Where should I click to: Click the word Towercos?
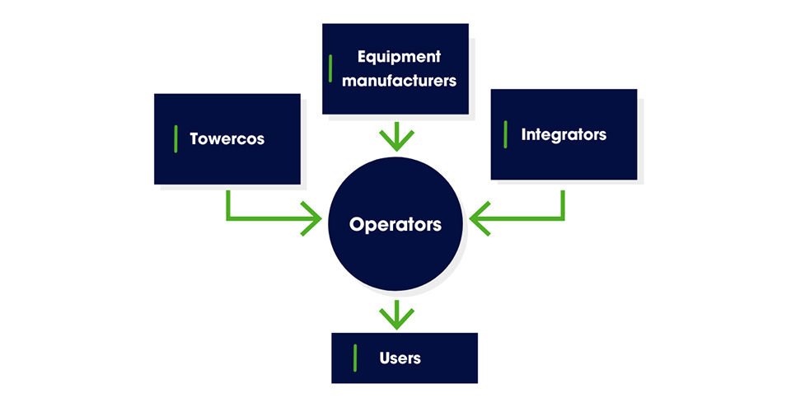pyautogui.click(x=227, y=138)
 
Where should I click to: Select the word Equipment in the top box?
pyautogui.click(x=400, y=57)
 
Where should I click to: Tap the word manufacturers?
pyautogui.click(x=400, y=81)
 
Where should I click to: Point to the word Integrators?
pyautogui.click(x=564, y=134)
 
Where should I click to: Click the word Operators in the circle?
pyautogui.click(x=395, y=224)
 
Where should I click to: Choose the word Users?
pyautogui.click(x=400, y=358)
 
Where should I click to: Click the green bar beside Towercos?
pyautogui.click(x=176, y=138)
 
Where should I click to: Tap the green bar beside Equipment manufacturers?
pyautogui.click(x=330, y=68)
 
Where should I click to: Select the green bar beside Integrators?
pyautogui.click(x=505, y=134)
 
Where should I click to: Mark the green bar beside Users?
pyautogui.click(x=355, y=358)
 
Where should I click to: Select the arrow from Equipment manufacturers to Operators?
pyautogui.click(x=397, y=137)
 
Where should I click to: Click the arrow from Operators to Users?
pyautogui.click(x=397, y=313)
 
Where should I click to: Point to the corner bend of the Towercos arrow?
pyautogui.click(x=227, y=219)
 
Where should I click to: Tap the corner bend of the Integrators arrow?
pyautogui.click(x=564, y=219)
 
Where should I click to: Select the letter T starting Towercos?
pyautogui.click(x=194, y=138)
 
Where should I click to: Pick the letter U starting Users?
pyautogui.click(x=385, y=358)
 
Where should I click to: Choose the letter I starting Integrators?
pyautogui.click(x=524, y=134)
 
